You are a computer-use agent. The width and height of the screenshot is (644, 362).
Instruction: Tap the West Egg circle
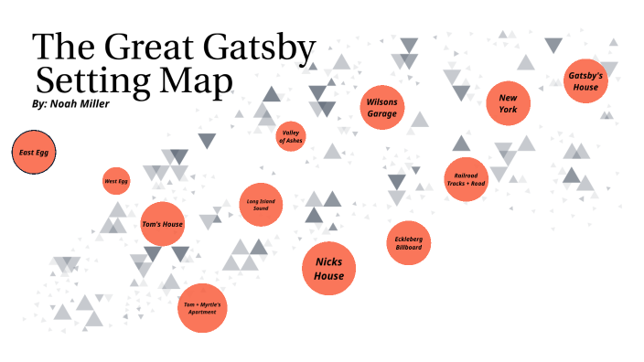pos(116,182)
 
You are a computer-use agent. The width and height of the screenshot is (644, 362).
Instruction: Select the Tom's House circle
pos(163,223)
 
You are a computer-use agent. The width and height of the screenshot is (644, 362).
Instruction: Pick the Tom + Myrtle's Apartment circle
pos(201,308)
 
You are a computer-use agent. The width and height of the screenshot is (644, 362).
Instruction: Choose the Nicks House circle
pos(328,269)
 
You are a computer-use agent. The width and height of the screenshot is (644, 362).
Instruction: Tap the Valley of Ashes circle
pos(291,136)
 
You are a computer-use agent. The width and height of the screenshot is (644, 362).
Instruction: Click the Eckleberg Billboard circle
pos(408,243)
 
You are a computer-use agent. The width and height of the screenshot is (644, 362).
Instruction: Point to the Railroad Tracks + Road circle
pos(466,179)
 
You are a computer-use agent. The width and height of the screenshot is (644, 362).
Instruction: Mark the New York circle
pos(509,103)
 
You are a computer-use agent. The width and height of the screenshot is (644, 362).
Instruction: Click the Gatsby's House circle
pos(585,81)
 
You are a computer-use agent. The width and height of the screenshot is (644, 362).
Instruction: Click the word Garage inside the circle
pos(382,113)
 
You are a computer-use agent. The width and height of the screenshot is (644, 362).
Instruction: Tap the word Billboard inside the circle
pos(408,248)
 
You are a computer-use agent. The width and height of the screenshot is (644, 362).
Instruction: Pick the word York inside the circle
pos(509,110)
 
